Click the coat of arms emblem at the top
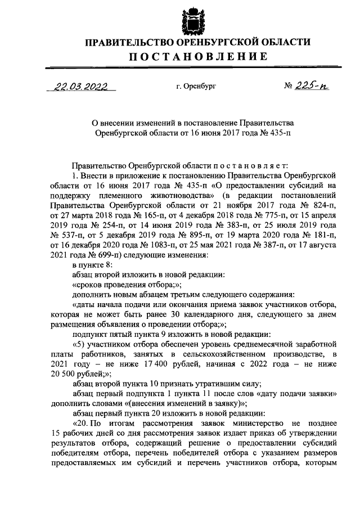193,19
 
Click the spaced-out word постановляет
242,165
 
